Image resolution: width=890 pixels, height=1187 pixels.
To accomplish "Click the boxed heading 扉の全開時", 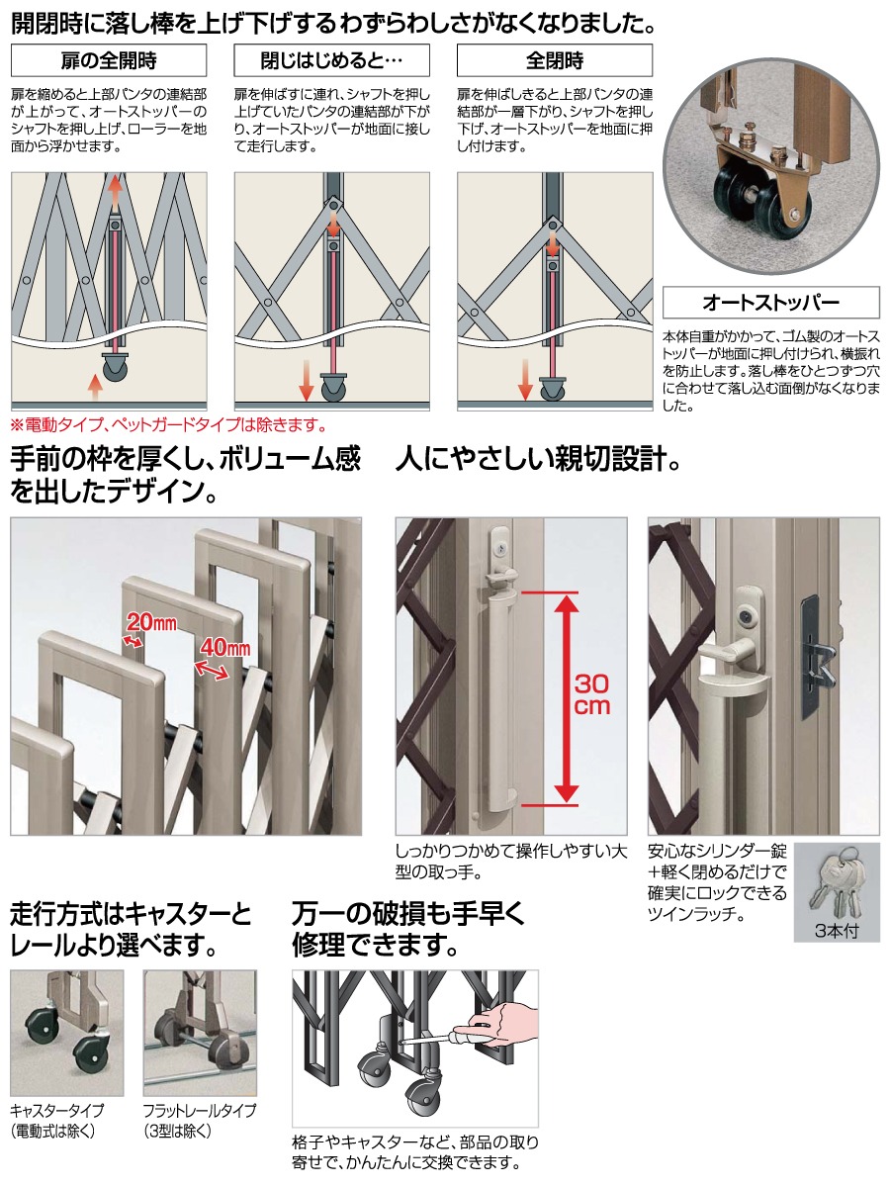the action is pos(109,60).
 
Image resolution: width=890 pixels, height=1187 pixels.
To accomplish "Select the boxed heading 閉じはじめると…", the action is pos(331,60).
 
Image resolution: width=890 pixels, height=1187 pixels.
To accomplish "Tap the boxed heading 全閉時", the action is pos(555,60).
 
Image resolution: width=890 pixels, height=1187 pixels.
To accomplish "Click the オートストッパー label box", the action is pos(770,303).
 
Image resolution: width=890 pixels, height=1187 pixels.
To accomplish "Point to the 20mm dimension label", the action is pos(150,622).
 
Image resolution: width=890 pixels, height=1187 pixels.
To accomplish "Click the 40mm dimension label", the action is pos(224,647).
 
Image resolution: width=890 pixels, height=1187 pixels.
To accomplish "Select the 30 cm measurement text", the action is pos(591,695).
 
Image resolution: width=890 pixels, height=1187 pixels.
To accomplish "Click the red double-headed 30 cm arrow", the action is pos(567,698).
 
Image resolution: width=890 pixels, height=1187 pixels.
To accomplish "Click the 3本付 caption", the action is pos(837,931).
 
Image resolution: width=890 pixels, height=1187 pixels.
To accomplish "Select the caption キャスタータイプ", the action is pos(56,1111).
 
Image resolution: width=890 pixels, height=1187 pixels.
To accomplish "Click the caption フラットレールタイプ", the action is pos(200,1111).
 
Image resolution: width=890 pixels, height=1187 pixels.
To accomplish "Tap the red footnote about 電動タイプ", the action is pos(168,425).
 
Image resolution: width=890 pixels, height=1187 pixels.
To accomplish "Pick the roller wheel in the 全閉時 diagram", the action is pos(552,389).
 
